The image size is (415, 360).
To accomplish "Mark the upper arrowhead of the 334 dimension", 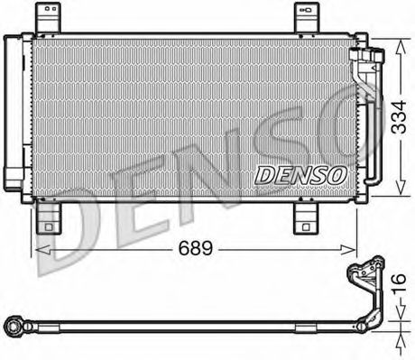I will click(393, 42).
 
